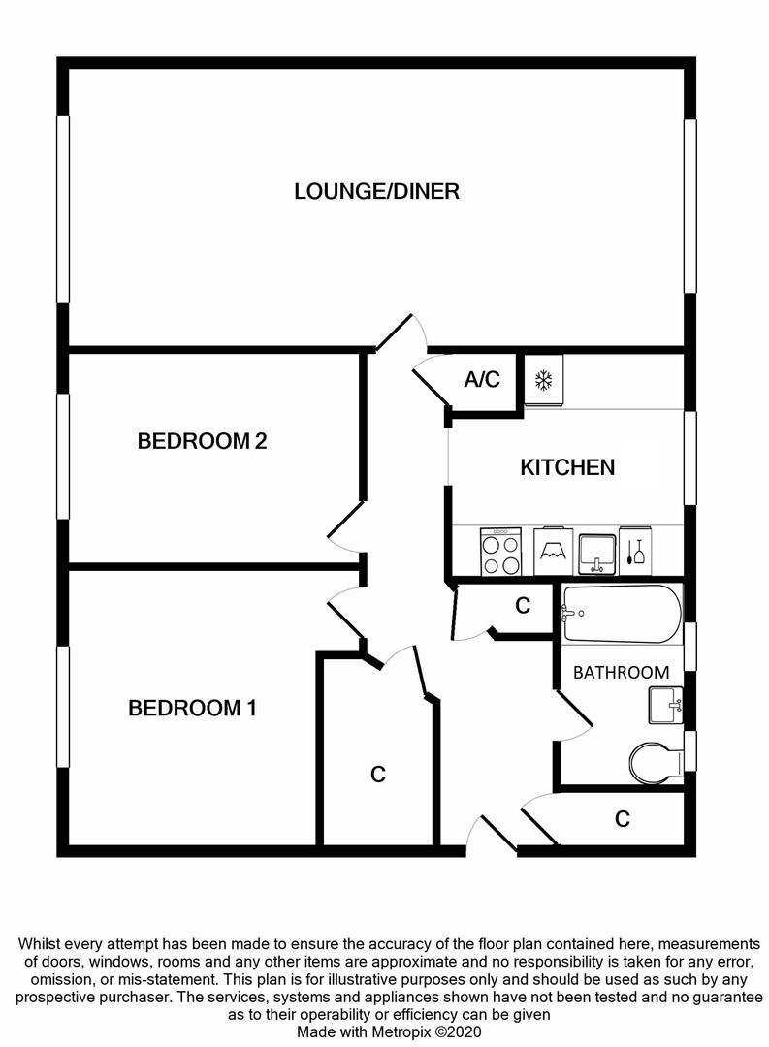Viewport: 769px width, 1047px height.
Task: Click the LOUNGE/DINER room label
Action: click(x=376, y=191)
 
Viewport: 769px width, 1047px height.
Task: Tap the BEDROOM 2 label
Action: click(x=202, y=441)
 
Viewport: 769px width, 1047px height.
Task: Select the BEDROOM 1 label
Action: click(x=192, y=709)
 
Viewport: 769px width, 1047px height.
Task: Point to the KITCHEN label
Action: click(x=567, y=467)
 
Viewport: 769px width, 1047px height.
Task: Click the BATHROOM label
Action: click(x=621, y=672)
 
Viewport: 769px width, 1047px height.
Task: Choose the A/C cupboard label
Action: click(x=482, y=379)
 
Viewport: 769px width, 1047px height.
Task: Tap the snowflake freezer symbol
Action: click(x=544, y=380)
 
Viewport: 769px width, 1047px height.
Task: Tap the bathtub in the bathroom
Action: click(x=621, y=614)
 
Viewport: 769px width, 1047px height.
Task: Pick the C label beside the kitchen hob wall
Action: click(x=523, y=606)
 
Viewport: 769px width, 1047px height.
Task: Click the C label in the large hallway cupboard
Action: click(x=378, y=775)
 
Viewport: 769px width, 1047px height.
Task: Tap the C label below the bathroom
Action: click(x=622, y=819)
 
